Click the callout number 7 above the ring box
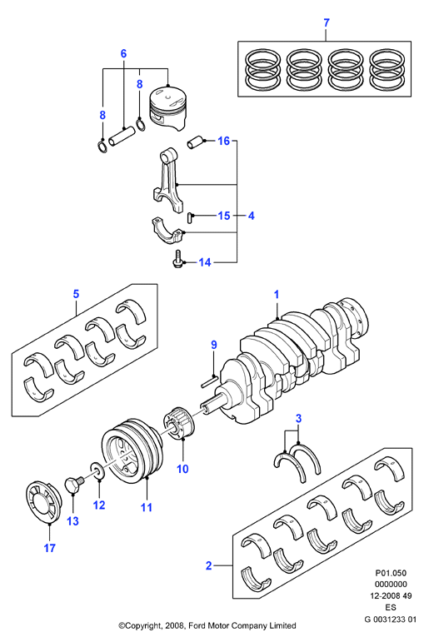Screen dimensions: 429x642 pos(327,23)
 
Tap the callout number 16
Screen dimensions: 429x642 pos(224,142)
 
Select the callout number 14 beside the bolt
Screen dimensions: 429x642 pos(205,262)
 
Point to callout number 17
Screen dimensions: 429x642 pos(50,548)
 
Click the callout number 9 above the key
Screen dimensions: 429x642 pos(214,346)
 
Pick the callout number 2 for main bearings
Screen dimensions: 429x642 pos(209,566)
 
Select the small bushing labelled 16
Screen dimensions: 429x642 pos(195,142)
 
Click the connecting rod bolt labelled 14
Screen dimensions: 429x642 pos(177,260)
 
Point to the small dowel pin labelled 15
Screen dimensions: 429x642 pos(190,216)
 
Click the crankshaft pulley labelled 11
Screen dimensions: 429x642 pos(132,454)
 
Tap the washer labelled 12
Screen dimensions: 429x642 pos(97,470)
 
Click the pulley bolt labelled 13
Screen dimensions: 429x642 pos(75,485)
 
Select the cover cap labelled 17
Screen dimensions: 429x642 pos(43,502)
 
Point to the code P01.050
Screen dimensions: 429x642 pos(391,573)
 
